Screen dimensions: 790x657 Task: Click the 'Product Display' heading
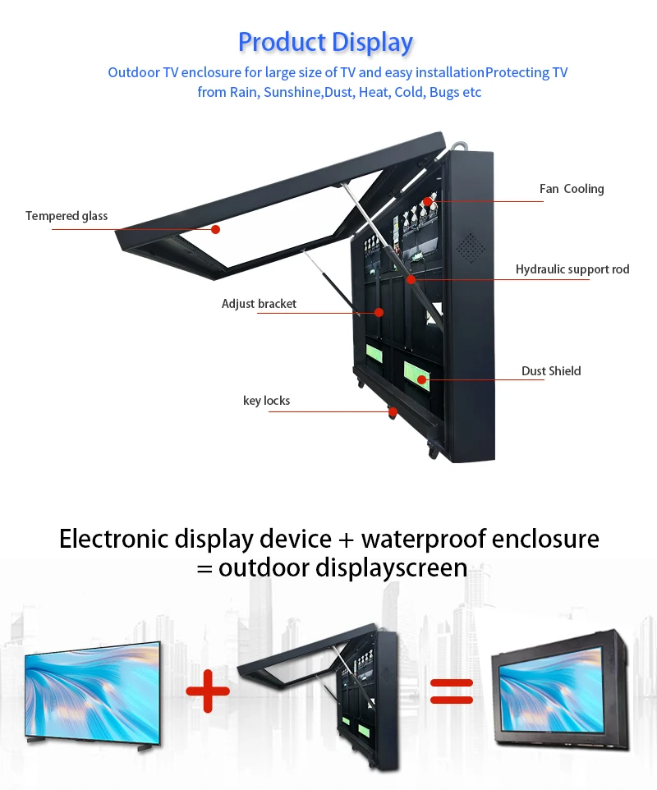tap(325, 42)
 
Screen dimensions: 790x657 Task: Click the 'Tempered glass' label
tap(67, 216)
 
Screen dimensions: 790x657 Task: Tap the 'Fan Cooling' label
tap(572, 189)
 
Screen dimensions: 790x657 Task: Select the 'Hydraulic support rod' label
tap(572, 269)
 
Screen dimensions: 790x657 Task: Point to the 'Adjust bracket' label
tap(259, 304)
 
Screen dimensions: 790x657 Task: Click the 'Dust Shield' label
tap(551, 371)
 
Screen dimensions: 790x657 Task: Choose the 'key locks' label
tap(266, 401)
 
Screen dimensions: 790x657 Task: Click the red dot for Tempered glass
tap(216, 229)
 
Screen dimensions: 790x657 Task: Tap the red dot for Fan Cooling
tap(428, 201)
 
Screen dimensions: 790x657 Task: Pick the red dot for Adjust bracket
tap(379, 312)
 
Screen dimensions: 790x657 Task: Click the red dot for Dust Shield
tap(421, 379)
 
